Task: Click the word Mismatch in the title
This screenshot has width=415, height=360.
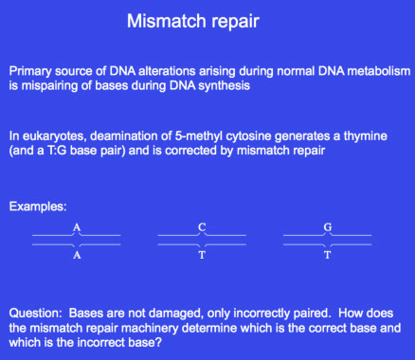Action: click(166, 21)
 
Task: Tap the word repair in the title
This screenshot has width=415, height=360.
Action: click(235, 22)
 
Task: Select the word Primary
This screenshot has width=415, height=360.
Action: click(30, 72)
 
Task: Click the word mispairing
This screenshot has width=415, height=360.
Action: click(49, 86)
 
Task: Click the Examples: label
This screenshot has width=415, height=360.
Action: click(38, 207)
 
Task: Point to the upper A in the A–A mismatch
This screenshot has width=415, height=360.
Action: click(77, 227)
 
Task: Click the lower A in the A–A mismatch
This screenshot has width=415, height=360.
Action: click(77, 255)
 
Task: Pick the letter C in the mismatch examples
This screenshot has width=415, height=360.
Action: click(202, 227)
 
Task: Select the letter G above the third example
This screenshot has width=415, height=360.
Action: click(328, 227)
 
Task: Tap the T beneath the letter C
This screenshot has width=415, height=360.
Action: click(202, 255)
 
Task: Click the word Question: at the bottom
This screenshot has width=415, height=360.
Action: click(36, 314)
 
